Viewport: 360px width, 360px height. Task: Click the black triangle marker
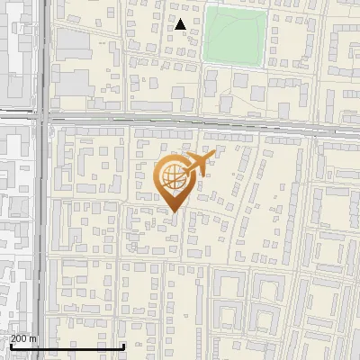point(181,25)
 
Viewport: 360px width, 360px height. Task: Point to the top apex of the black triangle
point(181,20)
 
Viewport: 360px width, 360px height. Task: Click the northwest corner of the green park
point(204,7)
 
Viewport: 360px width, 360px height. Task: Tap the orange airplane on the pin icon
point(197,165)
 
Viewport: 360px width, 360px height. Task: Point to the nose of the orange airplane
point(213,155)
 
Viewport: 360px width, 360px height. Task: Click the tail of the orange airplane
point(184,167)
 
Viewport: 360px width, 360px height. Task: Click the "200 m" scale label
point(23,338)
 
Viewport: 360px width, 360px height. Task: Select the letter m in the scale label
point(34,338)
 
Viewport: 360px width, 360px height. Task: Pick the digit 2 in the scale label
point(13,338)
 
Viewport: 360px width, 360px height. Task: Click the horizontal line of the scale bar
point(67,346)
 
